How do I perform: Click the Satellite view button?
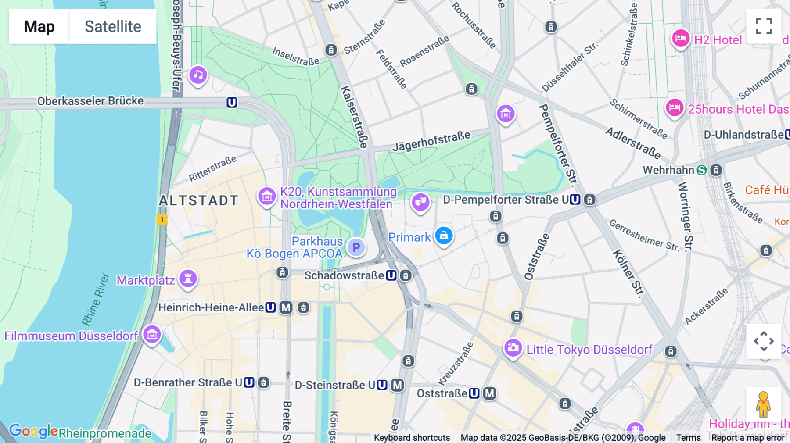(113, 26)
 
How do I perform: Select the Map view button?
(39, 26)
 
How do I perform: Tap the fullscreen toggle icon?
(764, 26)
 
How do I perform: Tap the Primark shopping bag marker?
(444, 236)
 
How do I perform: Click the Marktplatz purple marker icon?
(188, 279)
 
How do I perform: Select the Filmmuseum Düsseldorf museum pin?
(152, 335)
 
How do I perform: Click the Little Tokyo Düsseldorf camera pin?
(513, 348)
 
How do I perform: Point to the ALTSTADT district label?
(198, 200)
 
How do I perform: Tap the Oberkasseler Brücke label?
(90, 101)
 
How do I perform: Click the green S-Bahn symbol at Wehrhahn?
(701, 170)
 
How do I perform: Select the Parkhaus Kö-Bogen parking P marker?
(356, 247)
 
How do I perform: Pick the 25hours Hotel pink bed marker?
(675, 107)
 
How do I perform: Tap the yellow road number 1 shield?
(162, 220)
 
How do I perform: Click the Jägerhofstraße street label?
(431, 141)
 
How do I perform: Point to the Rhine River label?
(96, 299)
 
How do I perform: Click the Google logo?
(33, 431)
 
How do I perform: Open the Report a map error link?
(748, 438)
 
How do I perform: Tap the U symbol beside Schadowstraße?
(391, 275)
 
